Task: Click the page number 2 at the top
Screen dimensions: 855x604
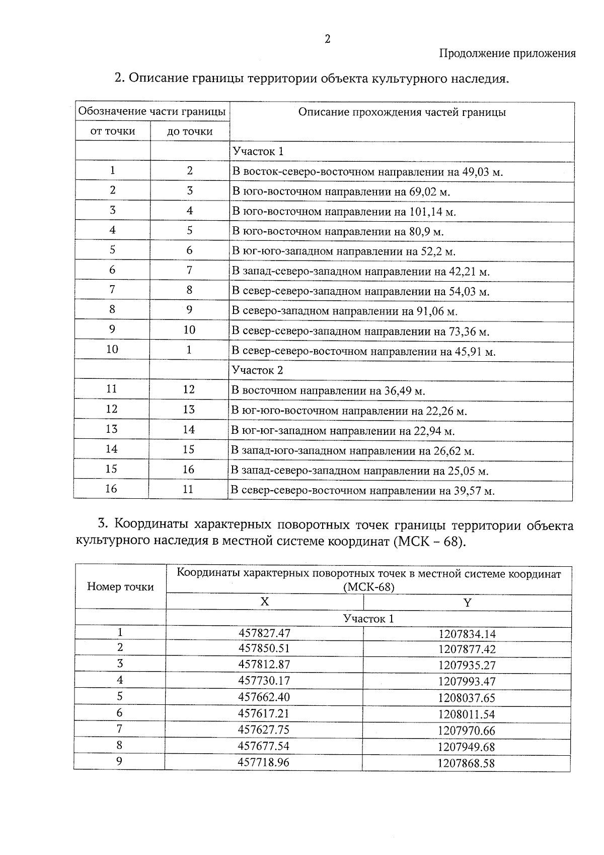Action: tap(327, 39)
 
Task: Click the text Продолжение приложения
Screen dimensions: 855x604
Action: tap(507, 53)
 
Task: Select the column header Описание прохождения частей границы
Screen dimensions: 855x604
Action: tap(402, 112)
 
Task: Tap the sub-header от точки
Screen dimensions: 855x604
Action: tap(113, 131)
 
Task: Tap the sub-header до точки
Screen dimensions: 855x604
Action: tap(190, 132)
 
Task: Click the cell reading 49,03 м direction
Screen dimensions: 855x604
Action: tap(367, 172)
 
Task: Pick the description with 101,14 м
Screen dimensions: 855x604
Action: tap(344, 212)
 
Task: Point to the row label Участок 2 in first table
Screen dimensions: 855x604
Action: tap(257, 370)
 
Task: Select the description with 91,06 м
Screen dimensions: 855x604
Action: tap(344, 311)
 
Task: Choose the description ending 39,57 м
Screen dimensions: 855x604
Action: tap(362, 490)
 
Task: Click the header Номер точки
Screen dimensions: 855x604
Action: tap(120, 586)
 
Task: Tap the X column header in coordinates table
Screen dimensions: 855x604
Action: tap(264, 602)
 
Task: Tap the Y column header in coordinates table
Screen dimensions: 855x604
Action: tap(467, 603)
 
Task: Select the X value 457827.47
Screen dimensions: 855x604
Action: tap(264, 633)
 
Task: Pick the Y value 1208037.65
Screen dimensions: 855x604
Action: tap(467, 698)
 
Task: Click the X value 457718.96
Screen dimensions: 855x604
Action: tap(264, 762)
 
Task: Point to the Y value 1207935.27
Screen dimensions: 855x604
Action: tap(467, 665)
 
